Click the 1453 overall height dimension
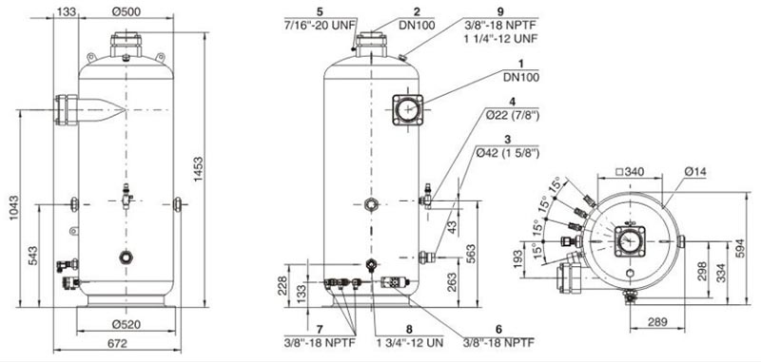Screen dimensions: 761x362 (199, 170)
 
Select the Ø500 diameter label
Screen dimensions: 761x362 (127, 11)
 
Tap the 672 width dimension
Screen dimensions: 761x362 (117, 344)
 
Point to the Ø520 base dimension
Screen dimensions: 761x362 (127, 325)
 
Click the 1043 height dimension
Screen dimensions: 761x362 (14, 208)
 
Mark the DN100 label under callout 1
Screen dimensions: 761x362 (523, 78)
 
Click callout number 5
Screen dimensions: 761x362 (319, 10)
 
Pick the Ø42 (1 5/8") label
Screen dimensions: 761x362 (508, 154)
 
